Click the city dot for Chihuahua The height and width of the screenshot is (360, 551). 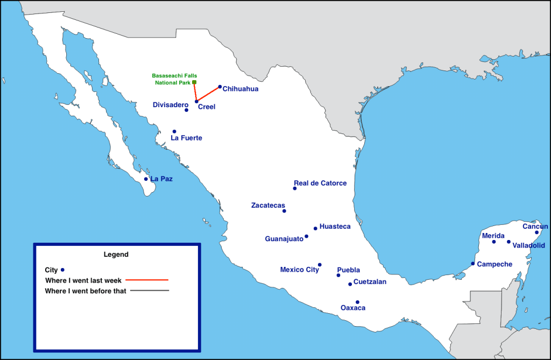click(220, 87)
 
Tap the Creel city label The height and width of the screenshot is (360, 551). click(207, 107)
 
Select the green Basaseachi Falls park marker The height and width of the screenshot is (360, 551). click(194, 82)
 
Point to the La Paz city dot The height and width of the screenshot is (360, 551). click(146, 179)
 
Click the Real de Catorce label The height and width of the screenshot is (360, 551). click(320, 183)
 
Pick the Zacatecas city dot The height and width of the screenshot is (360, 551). click(284, 211)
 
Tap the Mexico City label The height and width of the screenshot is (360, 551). click(299, 270)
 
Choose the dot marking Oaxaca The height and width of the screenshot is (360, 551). click(357, 302)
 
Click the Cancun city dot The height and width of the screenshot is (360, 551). click(536, 232)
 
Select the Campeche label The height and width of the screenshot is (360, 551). click(495, 264)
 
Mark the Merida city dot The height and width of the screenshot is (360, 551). click(494, 242)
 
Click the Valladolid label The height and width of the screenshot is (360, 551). click(529, 245)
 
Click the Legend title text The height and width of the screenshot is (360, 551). click(116, 254)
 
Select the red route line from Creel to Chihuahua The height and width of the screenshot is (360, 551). click(208, 94)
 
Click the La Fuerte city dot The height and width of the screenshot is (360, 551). click(174, 131)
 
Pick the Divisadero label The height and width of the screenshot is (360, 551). click(171, 104)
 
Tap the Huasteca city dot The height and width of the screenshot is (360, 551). click(315, 228)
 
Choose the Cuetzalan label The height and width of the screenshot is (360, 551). click(370, 281)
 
